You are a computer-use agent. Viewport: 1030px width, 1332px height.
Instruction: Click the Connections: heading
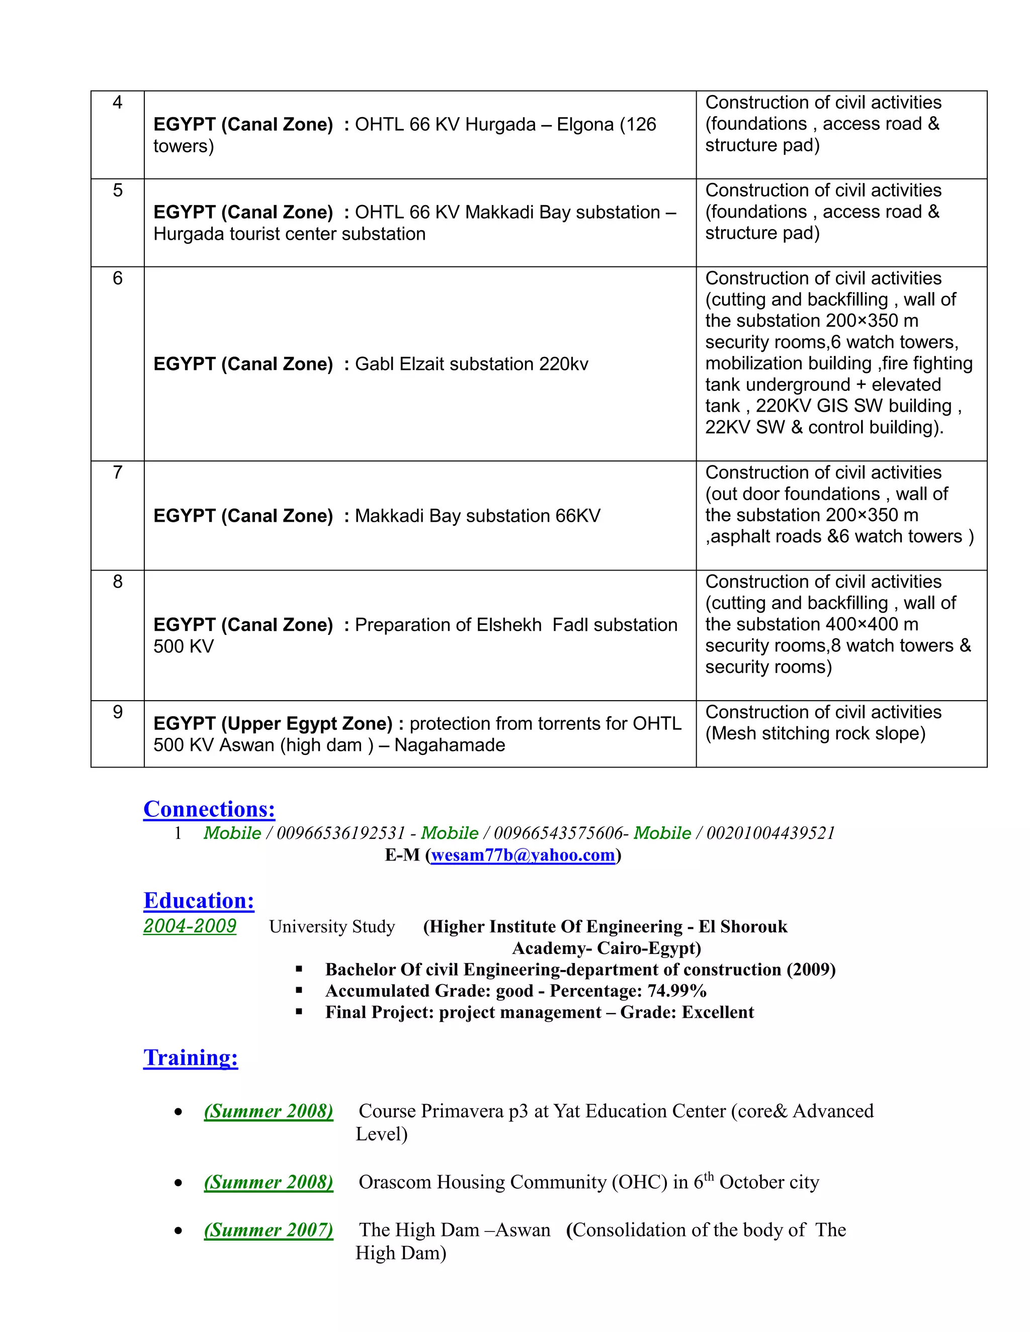tap(209, 809)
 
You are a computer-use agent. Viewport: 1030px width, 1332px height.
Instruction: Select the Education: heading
tap(199, 900)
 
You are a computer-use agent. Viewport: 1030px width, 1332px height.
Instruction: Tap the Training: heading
tap(191, 1057)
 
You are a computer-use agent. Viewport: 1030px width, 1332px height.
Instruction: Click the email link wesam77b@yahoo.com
tap(523, 855)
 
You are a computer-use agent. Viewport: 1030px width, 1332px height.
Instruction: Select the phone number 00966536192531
tap(341, 833)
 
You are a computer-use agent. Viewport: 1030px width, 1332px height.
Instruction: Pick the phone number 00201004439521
tap(770, 833)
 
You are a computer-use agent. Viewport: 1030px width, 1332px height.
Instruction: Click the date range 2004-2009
tap(190, 926)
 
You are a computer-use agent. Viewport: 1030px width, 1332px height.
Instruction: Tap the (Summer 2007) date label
tap(269, 1229)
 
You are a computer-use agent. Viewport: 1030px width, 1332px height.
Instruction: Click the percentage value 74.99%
tap(677, 991)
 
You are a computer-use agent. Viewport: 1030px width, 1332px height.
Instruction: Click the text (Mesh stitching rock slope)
tap(815, 733)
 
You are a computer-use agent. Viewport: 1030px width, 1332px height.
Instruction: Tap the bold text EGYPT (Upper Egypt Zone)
tap(273, 723)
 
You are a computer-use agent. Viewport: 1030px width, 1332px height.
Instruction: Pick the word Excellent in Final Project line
tap(718, 1012)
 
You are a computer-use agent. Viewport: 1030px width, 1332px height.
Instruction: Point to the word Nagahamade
tap(450, 745)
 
